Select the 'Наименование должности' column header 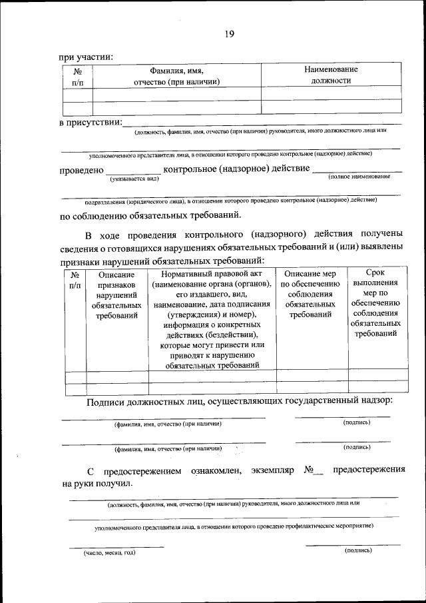point(331,75)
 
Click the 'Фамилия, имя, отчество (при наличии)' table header point(176,75)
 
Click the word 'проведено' point(81,171)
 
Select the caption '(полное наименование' point(358,177)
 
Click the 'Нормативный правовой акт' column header point(212,273)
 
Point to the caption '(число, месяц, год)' point(110,553)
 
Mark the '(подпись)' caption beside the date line point(358,550)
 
